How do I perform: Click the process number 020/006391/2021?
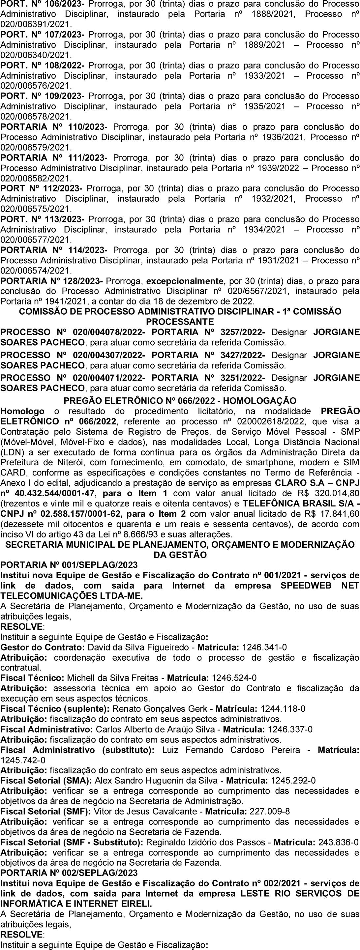36,24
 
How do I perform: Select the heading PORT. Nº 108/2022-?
43,66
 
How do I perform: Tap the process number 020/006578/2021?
36,117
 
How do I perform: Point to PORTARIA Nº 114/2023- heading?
54,250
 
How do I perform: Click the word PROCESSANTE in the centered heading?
180,322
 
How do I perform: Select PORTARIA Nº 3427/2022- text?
208,355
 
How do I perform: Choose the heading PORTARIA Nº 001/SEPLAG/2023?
69,565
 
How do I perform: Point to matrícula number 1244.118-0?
283,709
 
